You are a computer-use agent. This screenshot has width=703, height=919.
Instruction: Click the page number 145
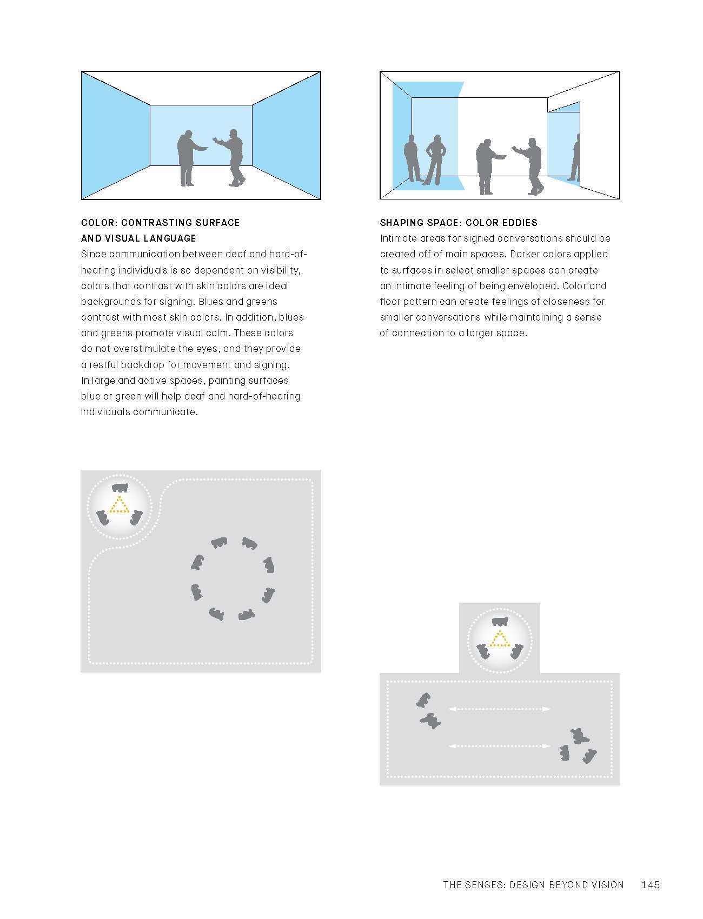(x=650, y=885)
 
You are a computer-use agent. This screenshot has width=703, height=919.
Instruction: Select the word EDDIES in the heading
(x=519, y=223)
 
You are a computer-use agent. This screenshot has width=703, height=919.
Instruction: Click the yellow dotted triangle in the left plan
(x=119, y=505)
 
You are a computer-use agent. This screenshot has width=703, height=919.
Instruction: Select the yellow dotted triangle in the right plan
(x=500, y=640)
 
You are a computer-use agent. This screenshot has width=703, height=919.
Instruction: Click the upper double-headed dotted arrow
(x=500, y=709)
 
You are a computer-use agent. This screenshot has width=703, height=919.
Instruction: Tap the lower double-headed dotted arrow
(x=500, y=746)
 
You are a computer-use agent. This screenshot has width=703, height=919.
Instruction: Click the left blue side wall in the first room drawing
(x=115, y=135)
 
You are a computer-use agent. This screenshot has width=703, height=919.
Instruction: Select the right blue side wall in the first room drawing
(x=287, y=135)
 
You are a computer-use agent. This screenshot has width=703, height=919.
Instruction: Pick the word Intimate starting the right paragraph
(x=397, y=238)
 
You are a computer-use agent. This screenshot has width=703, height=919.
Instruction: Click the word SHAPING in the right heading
(x=401, y=223)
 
